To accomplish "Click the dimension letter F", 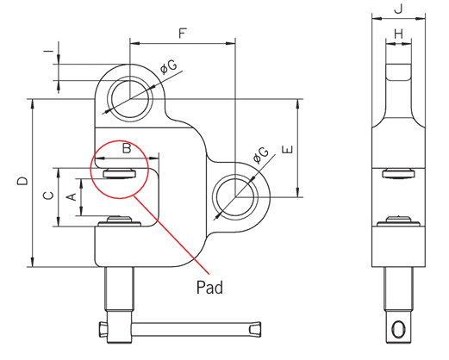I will click(x=182, y=34).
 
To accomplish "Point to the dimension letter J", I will click(x=397, y=9).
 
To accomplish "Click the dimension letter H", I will click(x=397, y=34).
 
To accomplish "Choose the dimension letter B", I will click(x=126, y=149).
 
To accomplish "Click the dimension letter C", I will click(x=47, y=196).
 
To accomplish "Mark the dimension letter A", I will click(x=73, y=199).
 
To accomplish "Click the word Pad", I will click(x=209, y=288).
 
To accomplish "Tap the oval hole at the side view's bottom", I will click(x=397, y=329).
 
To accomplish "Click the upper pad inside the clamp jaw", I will click(x=119, y=173).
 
